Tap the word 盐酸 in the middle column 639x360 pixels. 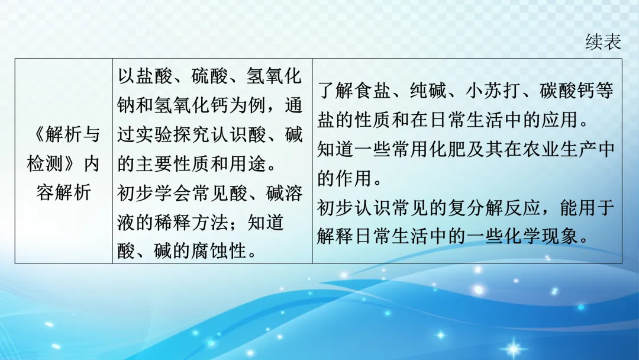point(156,76)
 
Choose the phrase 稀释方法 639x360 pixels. point(192,221)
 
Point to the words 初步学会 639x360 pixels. point(156,192)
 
